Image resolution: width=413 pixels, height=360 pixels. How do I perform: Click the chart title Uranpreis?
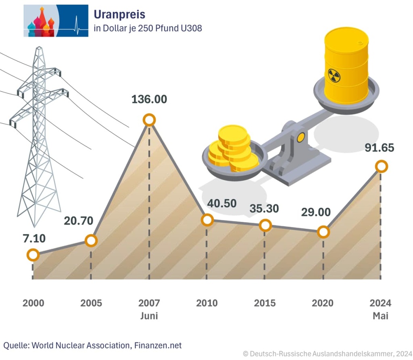tap(119, 15)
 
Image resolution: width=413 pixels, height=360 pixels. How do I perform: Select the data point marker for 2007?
tap(149, 120)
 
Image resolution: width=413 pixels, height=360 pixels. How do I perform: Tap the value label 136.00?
tap(149, 99)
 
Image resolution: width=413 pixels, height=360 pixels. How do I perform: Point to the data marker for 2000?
tap(33, 255)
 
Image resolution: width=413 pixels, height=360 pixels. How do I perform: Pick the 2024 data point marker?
tap(381, 166)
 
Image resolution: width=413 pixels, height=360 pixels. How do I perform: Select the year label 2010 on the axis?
tap(207, 303)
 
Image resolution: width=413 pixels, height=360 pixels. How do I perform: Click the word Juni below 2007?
tap(149, 316)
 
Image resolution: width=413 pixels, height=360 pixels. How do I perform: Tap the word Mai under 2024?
tap(380, 316)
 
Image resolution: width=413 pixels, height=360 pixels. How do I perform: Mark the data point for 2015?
tap(265, 225)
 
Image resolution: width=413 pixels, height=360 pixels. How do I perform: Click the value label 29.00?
tap(316, 212)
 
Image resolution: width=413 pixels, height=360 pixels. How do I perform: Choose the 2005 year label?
tap(91, 303)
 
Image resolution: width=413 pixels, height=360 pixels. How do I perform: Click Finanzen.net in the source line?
tap(158, 345)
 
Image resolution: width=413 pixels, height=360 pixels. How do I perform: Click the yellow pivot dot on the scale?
tap(300, 137)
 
